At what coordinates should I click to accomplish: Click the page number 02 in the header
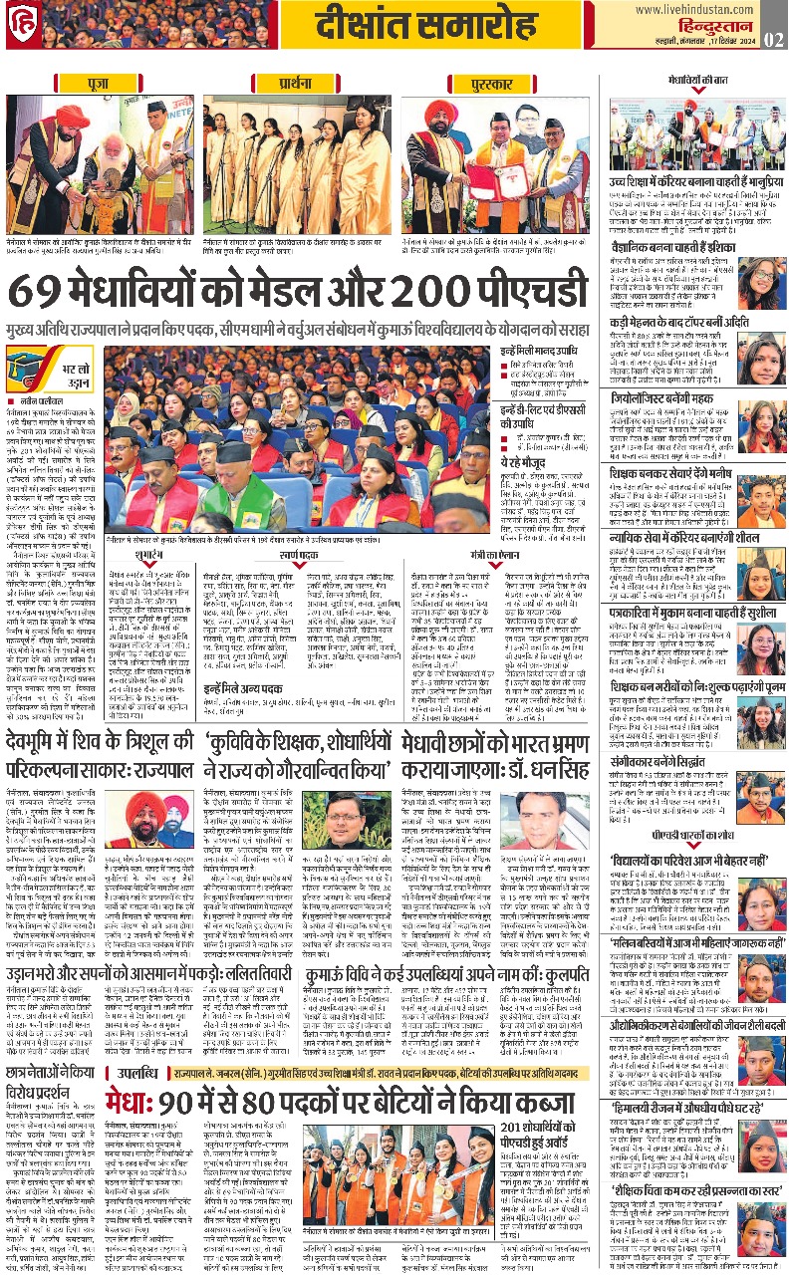pos(774,39)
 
